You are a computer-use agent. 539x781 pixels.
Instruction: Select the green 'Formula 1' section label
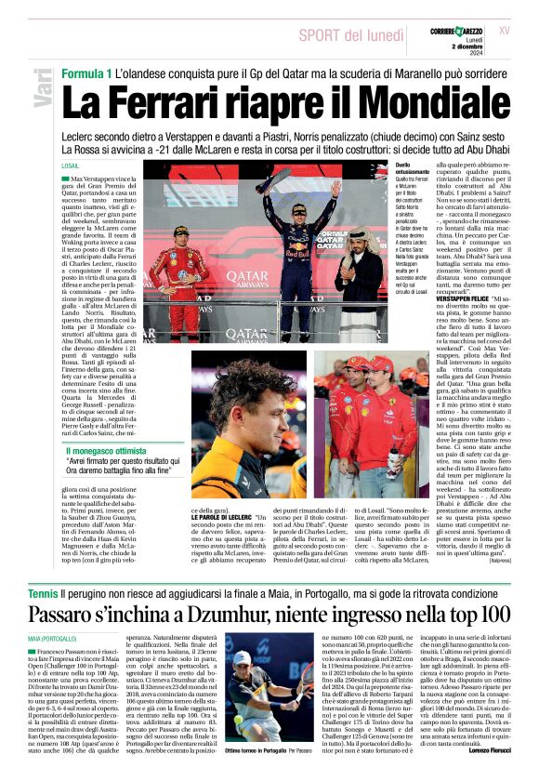click(x=86, y=73)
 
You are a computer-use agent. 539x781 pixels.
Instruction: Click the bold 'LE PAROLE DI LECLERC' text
click(x=224, y=516)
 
